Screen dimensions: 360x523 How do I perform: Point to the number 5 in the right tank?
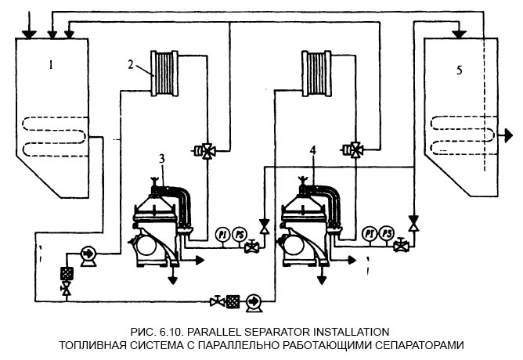tap(460, 70)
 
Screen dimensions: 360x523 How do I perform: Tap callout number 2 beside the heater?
tap(132, 63)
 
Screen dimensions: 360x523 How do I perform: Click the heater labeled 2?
tap(167, 74)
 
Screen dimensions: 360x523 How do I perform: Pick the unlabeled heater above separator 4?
tap(317, 73)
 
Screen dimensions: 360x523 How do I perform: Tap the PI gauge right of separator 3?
tap(221, 234)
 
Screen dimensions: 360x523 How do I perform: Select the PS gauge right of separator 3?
tap(238, 234)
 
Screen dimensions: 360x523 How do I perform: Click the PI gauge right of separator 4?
tap(369, 234)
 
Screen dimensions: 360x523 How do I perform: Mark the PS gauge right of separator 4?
tap(386, 234)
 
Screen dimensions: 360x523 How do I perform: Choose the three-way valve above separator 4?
tap(357, 150)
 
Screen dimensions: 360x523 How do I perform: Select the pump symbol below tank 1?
tap(87, 254)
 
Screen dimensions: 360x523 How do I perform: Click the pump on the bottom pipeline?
tap(252, 300)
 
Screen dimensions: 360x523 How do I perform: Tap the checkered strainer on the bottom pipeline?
tap(233, 300)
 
